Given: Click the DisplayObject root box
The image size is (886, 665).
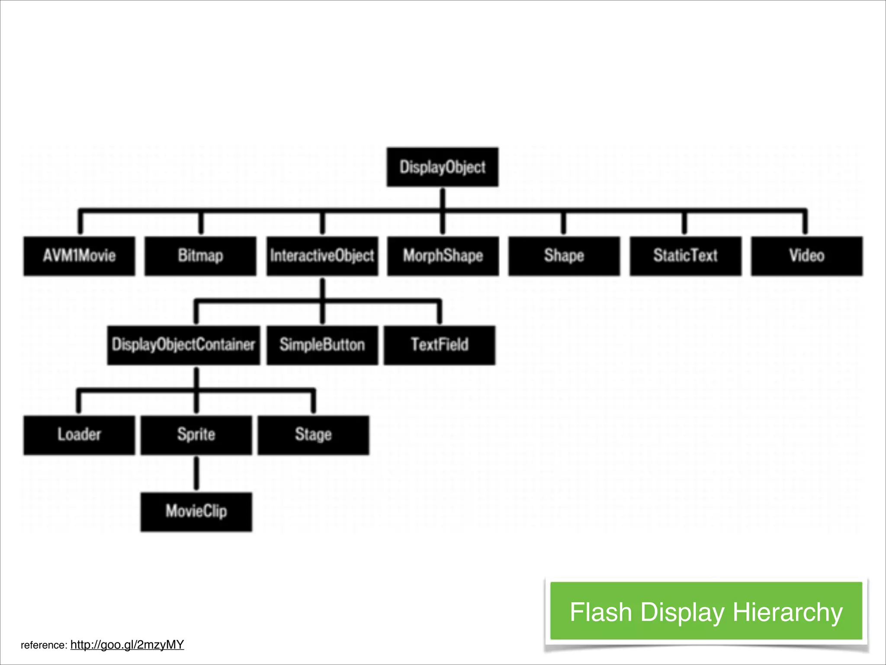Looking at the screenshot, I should pyautogui.click(x=442, y=167).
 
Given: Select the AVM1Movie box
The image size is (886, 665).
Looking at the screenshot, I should pyautogui.click(x=79, y=256).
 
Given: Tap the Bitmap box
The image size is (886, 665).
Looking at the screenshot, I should pyautogui.click(x=200, y=256).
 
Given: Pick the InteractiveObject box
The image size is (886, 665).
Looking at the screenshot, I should pyautogui.click(x=322, y=256).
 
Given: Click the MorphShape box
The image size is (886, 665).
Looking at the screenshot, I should pyautogui.click(x=443, y=256).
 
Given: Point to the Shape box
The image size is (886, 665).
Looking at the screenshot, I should pyautogui.click(x=564, y=256).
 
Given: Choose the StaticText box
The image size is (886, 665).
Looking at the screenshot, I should pyautogui.click(x=685, y=256).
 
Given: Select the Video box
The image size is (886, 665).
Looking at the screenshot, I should pyautogui.click(x=806, y=256).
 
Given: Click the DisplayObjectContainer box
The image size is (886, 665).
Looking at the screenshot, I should pyautogui.click(x=183, y=345).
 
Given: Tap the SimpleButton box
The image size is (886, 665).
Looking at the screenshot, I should pyautogui.click(x=322, y=345).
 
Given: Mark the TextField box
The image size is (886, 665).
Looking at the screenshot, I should pyautogui.click(x=439, y=345).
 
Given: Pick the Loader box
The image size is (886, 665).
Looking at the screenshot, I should pyautogui.click(x=79, y=435).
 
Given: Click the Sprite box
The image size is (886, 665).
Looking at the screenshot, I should pyautogui.click(x=196, y=435).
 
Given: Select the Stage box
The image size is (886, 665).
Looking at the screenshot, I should pyautogui.click(x=313, y=435).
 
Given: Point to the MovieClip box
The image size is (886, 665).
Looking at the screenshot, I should pyautogui.click(x=196, y=511).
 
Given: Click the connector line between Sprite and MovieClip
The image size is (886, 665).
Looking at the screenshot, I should pyautogui.click(x=196, y=473).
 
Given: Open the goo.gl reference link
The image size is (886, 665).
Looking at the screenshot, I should pyautogui.click(x=127, y=645).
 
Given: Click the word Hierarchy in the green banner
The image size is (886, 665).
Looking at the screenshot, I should pyautogui.click(x=787, y=612).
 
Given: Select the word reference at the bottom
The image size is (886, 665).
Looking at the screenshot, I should pyautogui.click(x=43, y=645).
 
